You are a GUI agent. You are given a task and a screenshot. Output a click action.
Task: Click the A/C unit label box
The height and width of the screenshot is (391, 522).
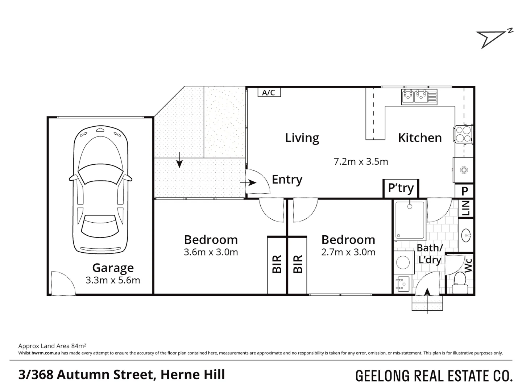click(269, 93)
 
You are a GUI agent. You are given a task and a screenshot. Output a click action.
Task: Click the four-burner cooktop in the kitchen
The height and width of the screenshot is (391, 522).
click(464, 134)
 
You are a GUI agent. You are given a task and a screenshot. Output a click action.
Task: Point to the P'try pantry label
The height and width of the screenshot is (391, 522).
click(401, 188)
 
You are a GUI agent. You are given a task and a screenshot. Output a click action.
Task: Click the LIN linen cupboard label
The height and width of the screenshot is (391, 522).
click(466, 208)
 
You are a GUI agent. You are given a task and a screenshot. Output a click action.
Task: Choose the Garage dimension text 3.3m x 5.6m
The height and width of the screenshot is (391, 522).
click(113, 280)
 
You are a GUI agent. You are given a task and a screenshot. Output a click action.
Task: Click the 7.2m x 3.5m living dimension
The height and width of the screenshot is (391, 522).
click(361, 161)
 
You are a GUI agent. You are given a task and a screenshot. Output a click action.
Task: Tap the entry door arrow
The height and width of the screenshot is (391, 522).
click(248, 183)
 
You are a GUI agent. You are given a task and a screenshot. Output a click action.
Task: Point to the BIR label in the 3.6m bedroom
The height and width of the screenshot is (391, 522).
click(277, 264)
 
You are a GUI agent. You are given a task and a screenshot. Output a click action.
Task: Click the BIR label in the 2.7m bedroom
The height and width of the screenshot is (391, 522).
click(298, 264)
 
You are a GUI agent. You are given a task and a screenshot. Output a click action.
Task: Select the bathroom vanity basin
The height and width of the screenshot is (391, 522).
click(467, 236)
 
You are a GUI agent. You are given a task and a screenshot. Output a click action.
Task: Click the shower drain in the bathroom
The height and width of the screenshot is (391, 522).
click(410, 207)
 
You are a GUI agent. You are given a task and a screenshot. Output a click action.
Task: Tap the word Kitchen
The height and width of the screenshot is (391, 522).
click(420, 138)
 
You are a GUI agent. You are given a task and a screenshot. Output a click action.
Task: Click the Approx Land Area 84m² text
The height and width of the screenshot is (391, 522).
click(52, 346)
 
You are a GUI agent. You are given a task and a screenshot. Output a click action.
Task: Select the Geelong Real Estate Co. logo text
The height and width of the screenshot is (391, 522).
click(434, 376)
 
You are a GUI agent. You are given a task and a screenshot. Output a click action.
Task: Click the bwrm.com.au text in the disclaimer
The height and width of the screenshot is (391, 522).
click(46, 353)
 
